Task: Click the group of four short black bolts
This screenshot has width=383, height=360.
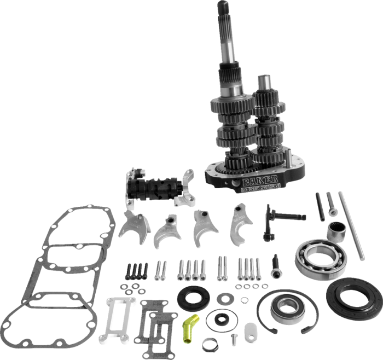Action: (x=137, y=270)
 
